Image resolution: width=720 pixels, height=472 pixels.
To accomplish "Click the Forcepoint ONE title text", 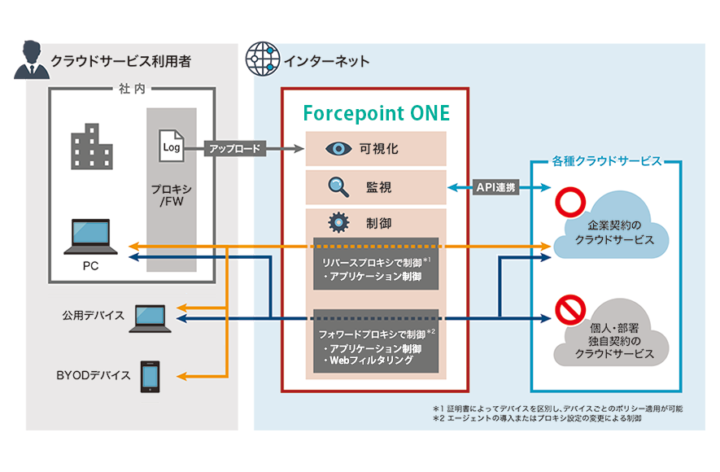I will click(375, 112).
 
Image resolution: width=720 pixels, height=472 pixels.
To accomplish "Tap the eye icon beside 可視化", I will click(336, 149).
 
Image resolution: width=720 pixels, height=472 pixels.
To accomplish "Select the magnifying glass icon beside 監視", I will click(337, 186).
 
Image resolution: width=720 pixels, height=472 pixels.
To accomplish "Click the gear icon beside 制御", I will click(337, 222).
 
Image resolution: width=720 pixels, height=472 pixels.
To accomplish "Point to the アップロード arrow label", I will click(235, 149).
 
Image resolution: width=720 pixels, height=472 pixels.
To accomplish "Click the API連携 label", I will click(495, 187).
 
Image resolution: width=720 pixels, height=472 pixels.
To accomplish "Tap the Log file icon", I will click(171, 146).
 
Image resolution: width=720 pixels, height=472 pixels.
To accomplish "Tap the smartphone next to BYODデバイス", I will click(150, 376).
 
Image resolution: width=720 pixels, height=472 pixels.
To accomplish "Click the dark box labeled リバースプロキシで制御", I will click(375, 264).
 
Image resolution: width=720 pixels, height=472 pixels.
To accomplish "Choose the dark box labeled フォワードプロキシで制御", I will click(375, 340).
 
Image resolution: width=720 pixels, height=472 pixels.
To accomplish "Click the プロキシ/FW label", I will click(171, 194).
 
